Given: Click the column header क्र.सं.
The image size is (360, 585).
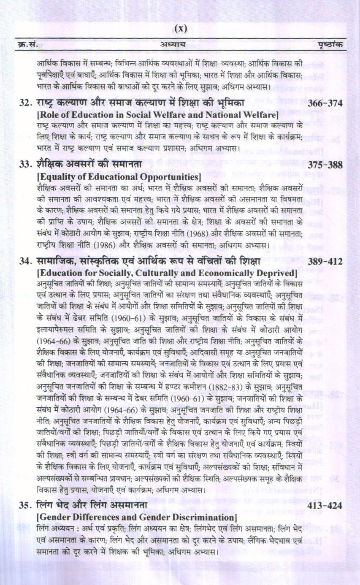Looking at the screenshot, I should [x=27, y=44].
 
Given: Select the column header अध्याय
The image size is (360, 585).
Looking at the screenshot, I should [x=173, y=44].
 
